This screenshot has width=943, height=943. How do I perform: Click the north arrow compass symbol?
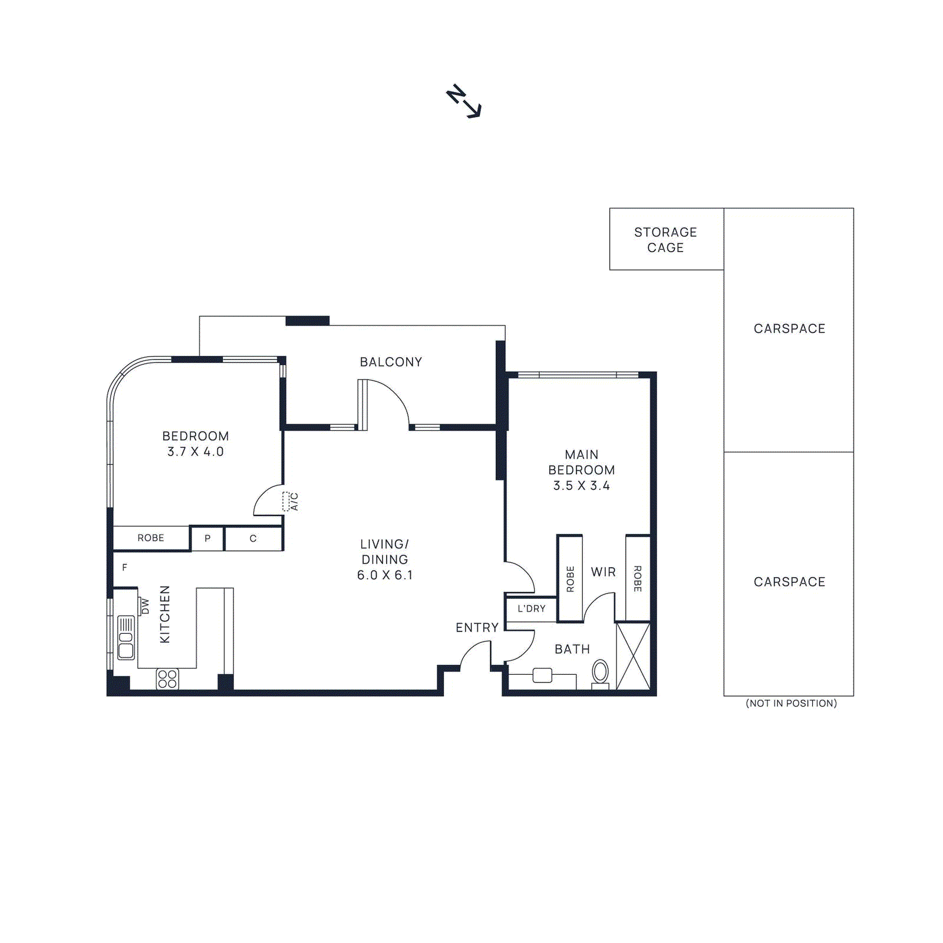point(463,101)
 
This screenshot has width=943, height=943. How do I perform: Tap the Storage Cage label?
point(665,240)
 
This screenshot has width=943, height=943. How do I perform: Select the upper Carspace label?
point(789,329)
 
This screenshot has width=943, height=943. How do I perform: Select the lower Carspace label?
point(789,582)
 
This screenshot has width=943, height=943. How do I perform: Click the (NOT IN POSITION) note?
point(791,703)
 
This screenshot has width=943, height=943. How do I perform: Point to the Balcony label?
point(391,362)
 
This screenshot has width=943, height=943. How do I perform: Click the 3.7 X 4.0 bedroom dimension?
point(195,452)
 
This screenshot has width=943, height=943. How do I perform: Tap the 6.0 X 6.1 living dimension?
point(385,575)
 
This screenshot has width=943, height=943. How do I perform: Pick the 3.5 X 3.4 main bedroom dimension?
point(581,486)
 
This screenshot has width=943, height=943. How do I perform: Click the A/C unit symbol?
point(286,502)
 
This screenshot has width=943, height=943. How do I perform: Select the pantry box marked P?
point(207,539)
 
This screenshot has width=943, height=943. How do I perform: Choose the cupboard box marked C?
point(253,539)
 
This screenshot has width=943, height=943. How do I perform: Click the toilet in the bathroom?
point(600,672)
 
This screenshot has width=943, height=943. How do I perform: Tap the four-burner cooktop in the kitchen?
point(167,679)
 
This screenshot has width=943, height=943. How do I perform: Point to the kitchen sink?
point(126,638)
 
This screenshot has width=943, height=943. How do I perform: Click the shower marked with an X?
point(633,656)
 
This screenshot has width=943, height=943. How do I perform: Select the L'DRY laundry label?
point(531,609)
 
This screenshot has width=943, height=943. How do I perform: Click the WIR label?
point(603,572)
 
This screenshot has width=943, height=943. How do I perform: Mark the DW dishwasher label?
point(145,606)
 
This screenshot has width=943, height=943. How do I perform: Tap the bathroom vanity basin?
point(542,675)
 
